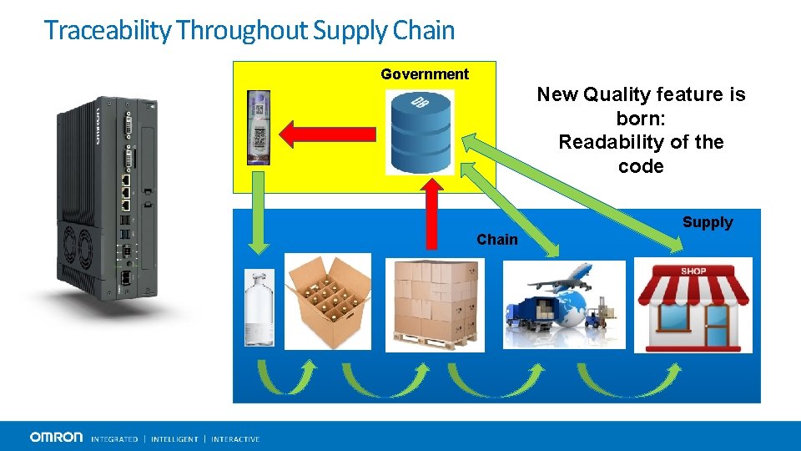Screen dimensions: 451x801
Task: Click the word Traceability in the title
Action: [x=108, y=30]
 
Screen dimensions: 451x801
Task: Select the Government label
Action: [x=425, y=74]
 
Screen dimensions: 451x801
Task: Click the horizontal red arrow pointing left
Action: [x=321, y=133]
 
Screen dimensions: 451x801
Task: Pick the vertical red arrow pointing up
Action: [x=431, y=214]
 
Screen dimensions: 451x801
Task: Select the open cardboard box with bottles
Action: [x=328, y=301]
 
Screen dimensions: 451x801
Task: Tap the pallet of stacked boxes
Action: [x=434, y=304]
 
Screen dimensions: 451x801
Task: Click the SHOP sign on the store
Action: [x=693, y=271]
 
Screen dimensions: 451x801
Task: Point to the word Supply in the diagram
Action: [x=708, y=222]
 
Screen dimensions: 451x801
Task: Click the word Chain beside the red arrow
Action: [x=497, y=240]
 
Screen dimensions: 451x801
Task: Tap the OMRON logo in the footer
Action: [x=57, y=437]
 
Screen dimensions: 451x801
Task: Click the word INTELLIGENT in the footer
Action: [x=174, y=438]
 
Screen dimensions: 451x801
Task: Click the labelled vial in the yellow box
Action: [x=259, y=128]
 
